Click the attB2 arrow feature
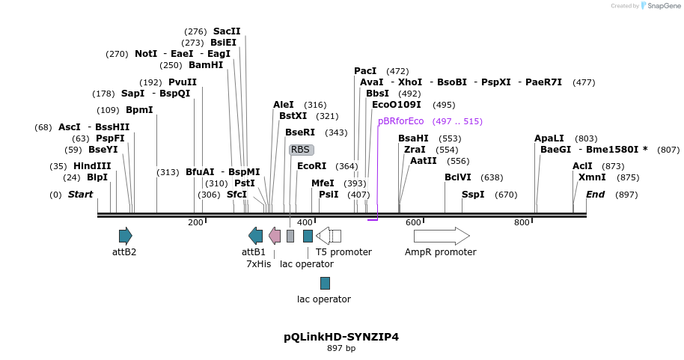125,236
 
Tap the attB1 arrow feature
256,236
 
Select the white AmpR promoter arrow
442,236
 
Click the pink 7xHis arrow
275,236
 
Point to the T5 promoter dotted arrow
329,236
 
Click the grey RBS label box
301,150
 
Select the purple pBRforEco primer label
400,121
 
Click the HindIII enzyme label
92,166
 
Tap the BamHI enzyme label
206,65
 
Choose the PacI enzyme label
365,71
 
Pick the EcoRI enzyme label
312,166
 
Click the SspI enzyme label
473,195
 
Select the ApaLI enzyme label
549,138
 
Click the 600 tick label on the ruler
413,222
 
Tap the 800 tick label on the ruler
522,222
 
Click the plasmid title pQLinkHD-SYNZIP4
341,337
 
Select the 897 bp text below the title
341,349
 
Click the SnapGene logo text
664,6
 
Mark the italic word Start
80,195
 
